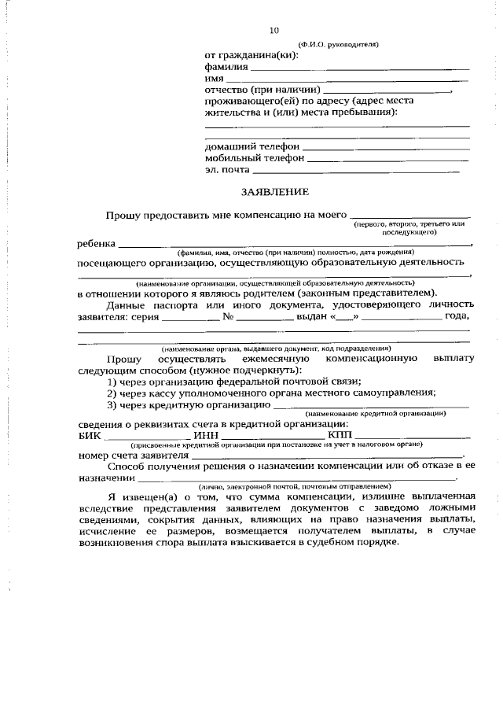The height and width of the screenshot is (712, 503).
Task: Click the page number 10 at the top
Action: coord(274,31)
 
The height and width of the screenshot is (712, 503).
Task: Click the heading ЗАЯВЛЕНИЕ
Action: coord(274,191)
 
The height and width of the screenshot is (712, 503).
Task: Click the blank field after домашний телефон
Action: coord(385,148)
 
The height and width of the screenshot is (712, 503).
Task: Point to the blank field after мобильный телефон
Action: coord(388,159)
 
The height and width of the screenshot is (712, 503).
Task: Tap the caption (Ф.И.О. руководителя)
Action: coord(339,44)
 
